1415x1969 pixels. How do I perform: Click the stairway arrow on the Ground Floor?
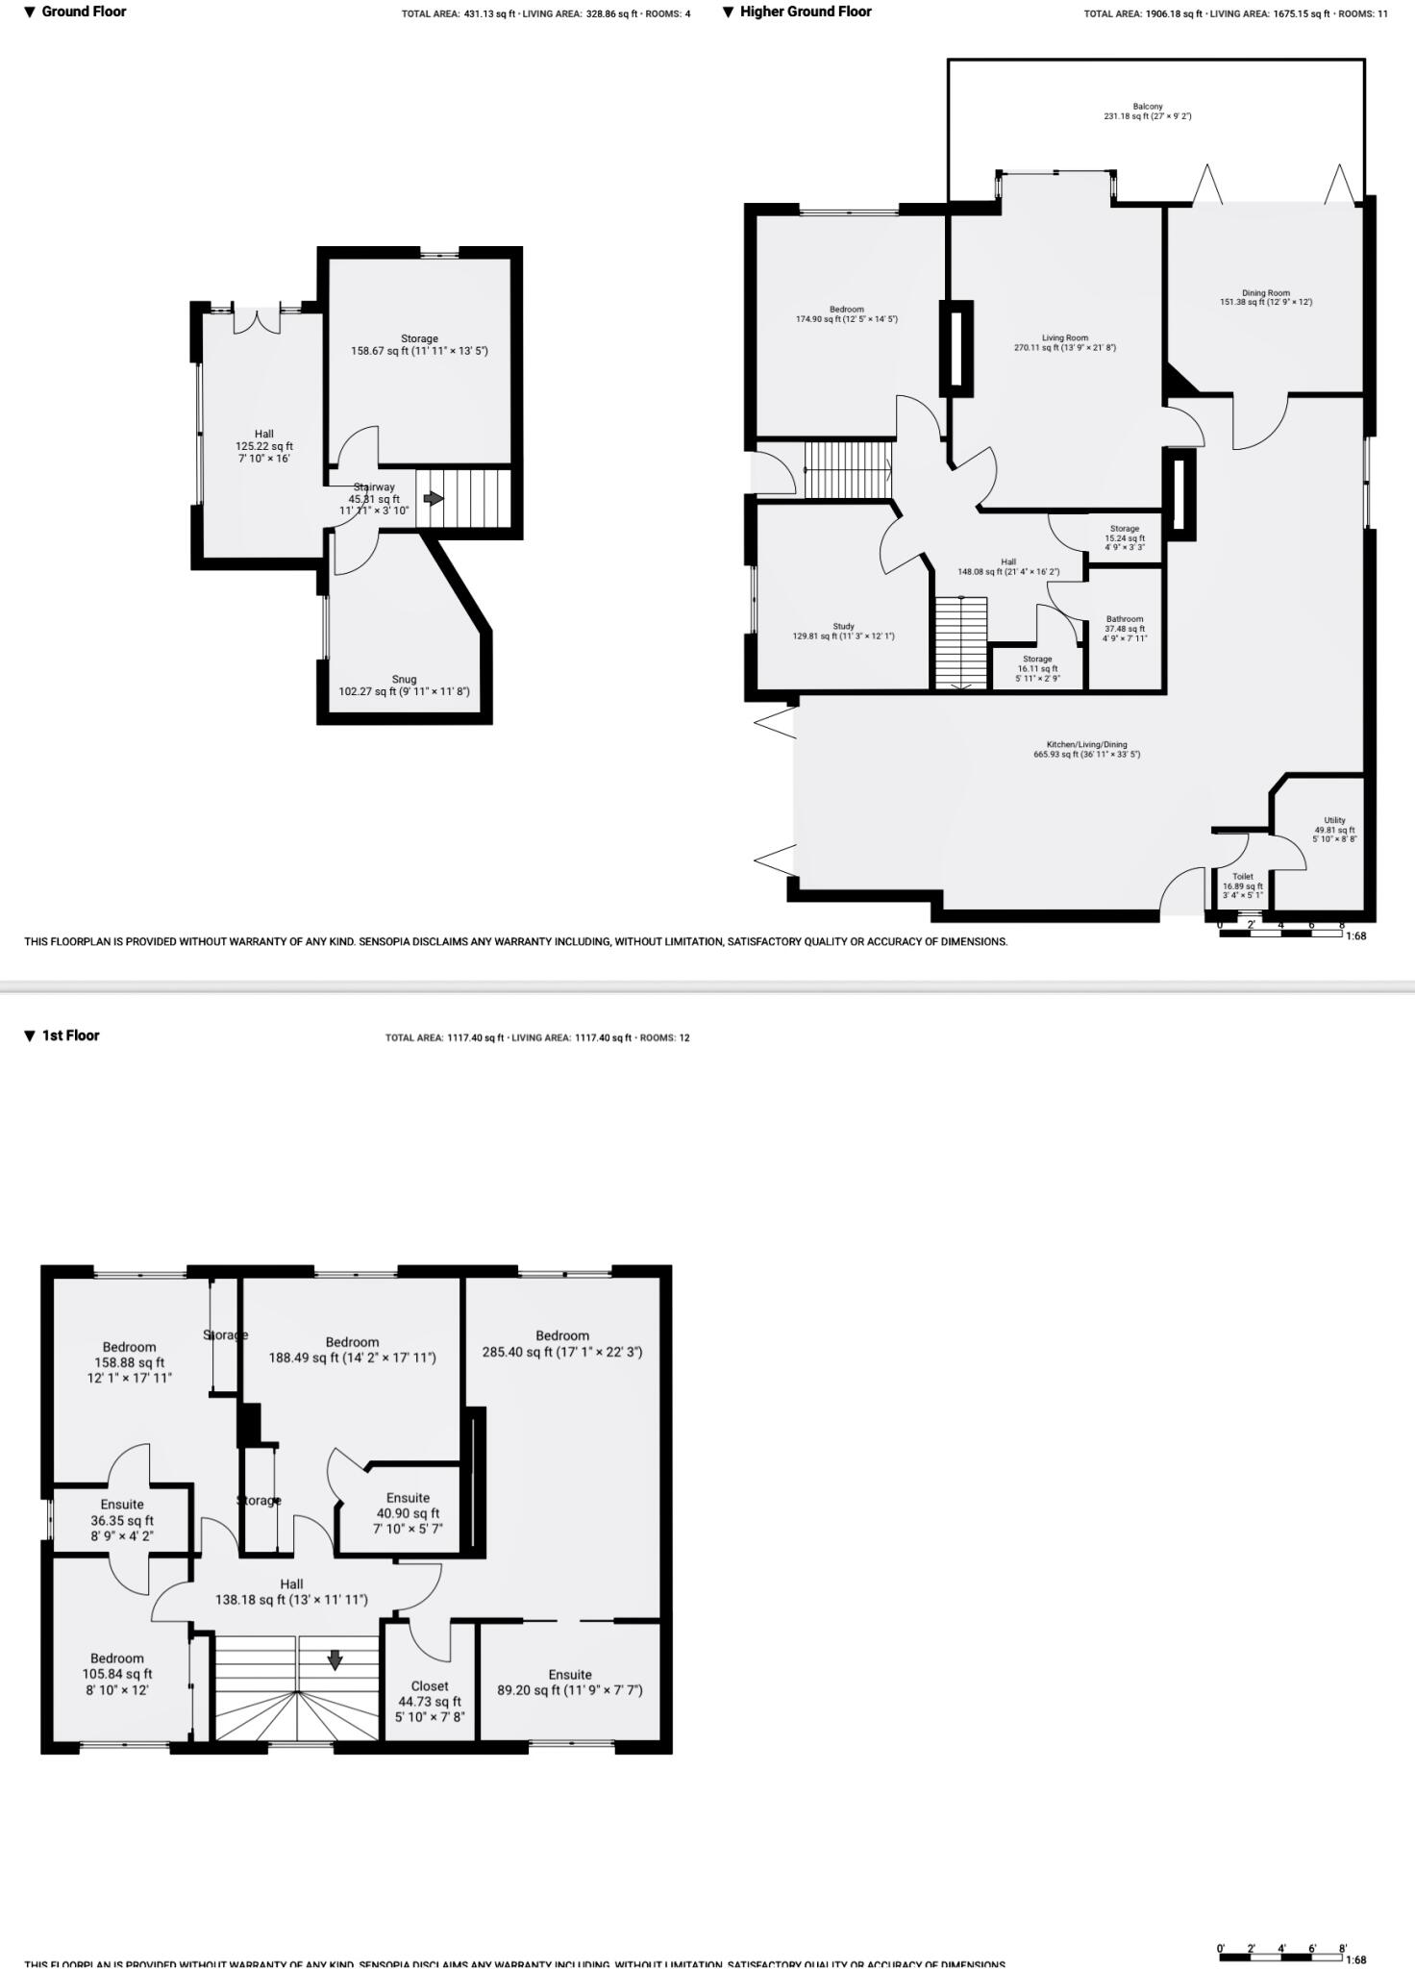434,499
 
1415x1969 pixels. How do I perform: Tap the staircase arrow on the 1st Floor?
335,1660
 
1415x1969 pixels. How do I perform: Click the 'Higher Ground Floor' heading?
806,12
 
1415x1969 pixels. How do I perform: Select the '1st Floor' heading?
70,1035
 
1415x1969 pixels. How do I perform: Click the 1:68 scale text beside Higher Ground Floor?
1355,935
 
